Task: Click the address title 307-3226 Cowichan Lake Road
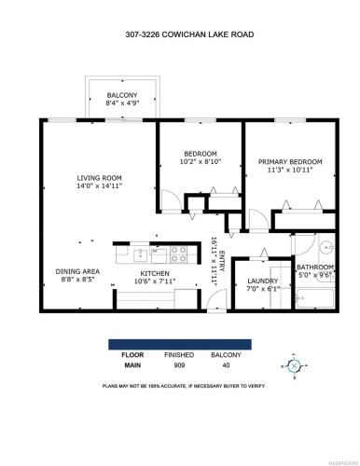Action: click(180, 36)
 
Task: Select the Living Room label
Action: click(100, 176)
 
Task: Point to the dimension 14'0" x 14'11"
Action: click(100, 185)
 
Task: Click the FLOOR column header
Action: click(132, 355)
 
